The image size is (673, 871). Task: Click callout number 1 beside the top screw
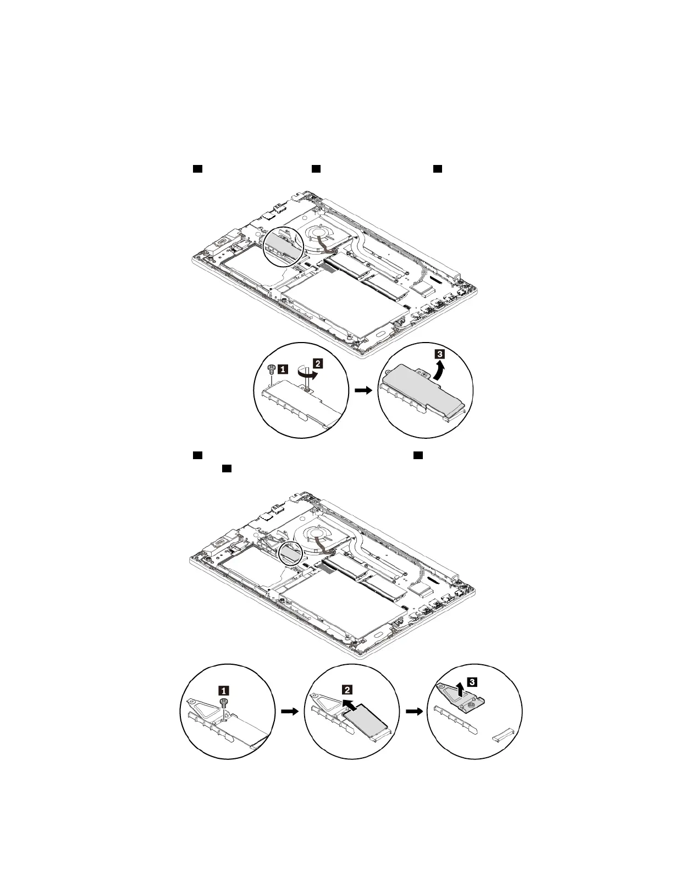click(x=282, y=370)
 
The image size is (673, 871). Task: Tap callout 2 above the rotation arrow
click(x=318, y=362)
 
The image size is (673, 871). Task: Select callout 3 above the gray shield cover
click(x=439, y=354)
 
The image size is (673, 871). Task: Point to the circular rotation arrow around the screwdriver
click(x=307, y=372)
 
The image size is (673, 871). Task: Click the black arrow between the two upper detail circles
click(x=363, y=390)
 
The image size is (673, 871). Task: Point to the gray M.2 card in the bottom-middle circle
click(x=365, y=722)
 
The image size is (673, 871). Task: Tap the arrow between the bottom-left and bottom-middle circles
click(x=289, y=711)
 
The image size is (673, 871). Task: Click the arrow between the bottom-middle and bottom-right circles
click(x=413, y=711)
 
